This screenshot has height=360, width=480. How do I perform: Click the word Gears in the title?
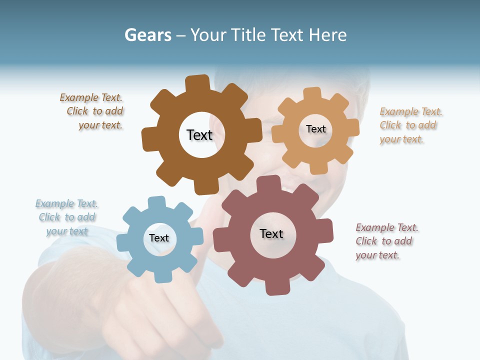pos(147,35)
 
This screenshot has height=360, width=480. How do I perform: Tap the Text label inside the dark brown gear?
pos(199,135)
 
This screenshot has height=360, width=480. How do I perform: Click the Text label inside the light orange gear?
pos(315,129)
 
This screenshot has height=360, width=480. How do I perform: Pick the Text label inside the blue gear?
pos(159,238)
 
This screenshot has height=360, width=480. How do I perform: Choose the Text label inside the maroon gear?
pos(271,233)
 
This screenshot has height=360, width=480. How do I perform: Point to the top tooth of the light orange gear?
pos(312,93)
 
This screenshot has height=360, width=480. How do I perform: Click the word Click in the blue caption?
pos(50,217)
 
